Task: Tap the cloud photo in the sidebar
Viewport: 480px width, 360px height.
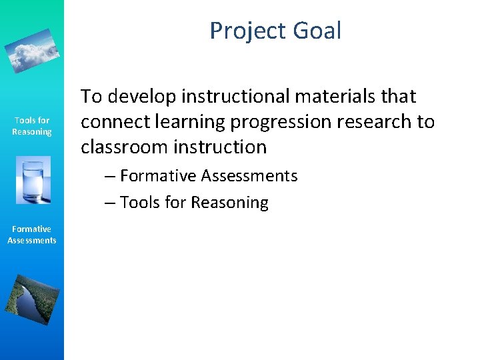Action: pos(32,50)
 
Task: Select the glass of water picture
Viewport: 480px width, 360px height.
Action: pos(32,180)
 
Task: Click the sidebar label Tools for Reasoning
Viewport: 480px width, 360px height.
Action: pos(32,126)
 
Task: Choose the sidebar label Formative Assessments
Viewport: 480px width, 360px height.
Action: pos(32,235)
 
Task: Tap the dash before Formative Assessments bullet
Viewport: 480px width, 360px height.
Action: pos(110,176)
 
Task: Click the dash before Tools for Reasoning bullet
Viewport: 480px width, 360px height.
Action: pos(110,203)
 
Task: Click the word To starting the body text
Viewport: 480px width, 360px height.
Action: pos(91,97)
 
